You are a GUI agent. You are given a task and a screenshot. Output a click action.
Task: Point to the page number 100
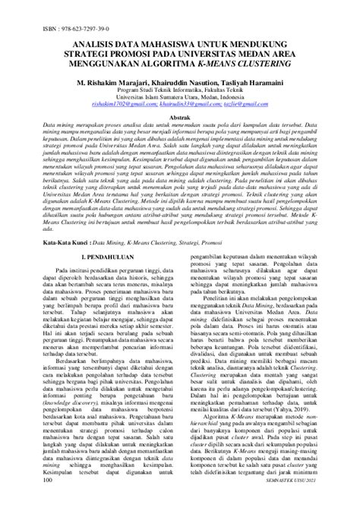[x=49, y=501]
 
